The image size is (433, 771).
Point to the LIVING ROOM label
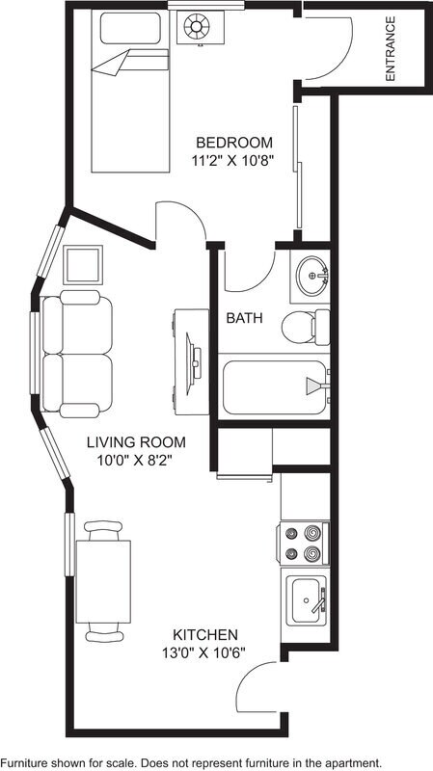[x=135, y=442]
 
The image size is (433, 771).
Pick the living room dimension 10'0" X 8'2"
[x=136, y=462]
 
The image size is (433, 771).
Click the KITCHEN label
[x=204, y=634]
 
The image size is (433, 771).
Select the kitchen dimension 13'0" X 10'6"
[x=204, y=653]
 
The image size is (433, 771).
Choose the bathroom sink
[x=312, y=277]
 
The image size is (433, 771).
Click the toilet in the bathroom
[x=305, y=328]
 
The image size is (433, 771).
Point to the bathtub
[x=275, y=386]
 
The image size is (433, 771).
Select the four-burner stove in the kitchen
[x=304, y=543]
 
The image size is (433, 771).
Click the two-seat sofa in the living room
[x=77, y=355]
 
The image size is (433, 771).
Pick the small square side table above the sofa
[x=82, y=263]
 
